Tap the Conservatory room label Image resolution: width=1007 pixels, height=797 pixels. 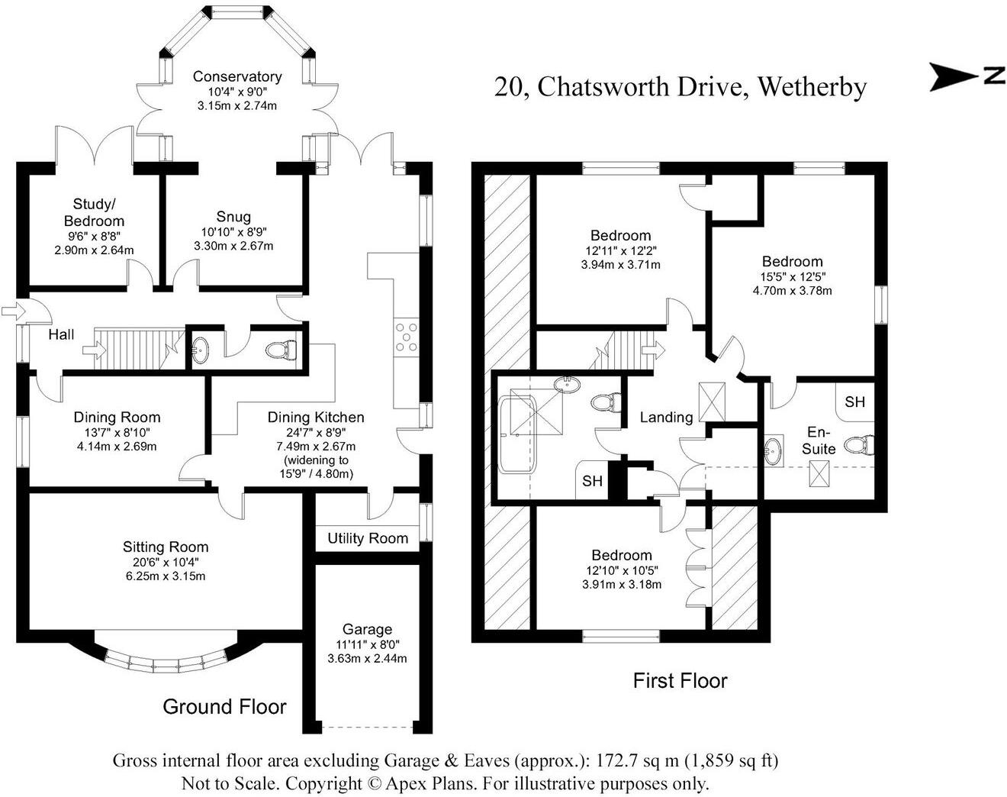tap(236, 76)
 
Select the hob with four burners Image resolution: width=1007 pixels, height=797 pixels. tap(405, 337)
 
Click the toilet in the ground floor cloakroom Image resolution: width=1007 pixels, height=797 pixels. tap(280, 350)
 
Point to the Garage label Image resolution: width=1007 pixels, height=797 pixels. tap(367, 629)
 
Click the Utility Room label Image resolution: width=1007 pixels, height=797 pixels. tap(368, 538)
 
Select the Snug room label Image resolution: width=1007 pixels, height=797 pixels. tap(233, 217)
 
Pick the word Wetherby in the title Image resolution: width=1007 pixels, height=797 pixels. tap(812, 87)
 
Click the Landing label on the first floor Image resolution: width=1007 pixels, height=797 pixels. tap(666, 417)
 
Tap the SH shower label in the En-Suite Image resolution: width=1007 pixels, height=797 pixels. tap(855, 402)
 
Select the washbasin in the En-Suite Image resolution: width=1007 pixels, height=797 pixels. tap(774, 450)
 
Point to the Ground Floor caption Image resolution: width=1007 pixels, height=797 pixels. tap(224, 706)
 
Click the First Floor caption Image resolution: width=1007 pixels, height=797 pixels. tap(680, 680)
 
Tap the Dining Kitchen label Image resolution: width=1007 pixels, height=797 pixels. tap(315, 417)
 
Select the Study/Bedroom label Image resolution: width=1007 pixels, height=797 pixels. tap(98, 212)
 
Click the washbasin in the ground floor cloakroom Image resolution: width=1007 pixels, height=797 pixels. tap(200, 351)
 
